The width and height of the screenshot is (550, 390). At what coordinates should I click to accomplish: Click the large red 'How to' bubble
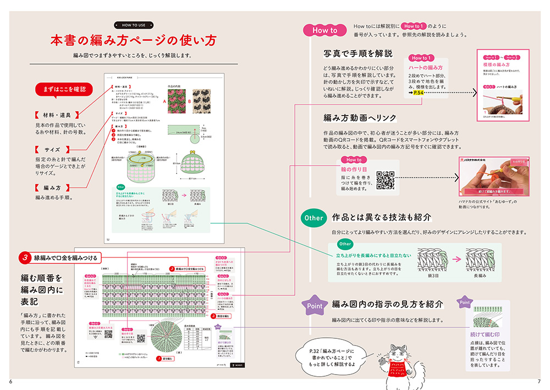click(x=324, y=31)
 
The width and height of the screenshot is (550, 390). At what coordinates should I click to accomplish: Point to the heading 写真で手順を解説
click(x=358, y=54)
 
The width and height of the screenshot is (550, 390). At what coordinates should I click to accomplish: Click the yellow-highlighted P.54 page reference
click(x=417, y=94)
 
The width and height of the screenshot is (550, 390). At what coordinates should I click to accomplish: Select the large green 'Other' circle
click(x=314, y=218)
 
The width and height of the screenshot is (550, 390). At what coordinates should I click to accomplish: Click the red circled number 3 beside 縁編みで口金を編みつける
click(x=25, y=257)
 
